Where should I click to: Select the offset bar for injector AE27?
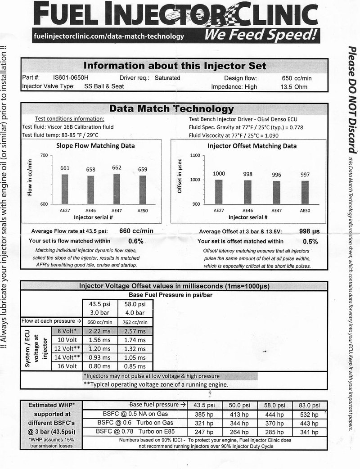click(x=218, y=192)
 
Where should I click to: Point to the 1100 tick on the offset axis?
click(x=193, y=155)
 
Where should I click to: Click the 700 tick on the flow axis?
click(x=43, y=155)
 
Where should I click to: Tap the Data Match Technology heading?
click(x=172, y=109)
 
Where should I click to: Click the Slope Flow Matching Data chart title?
click(x=95, y=146)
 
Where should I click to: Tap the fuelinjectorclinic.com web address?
click(x=108, y=36)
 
